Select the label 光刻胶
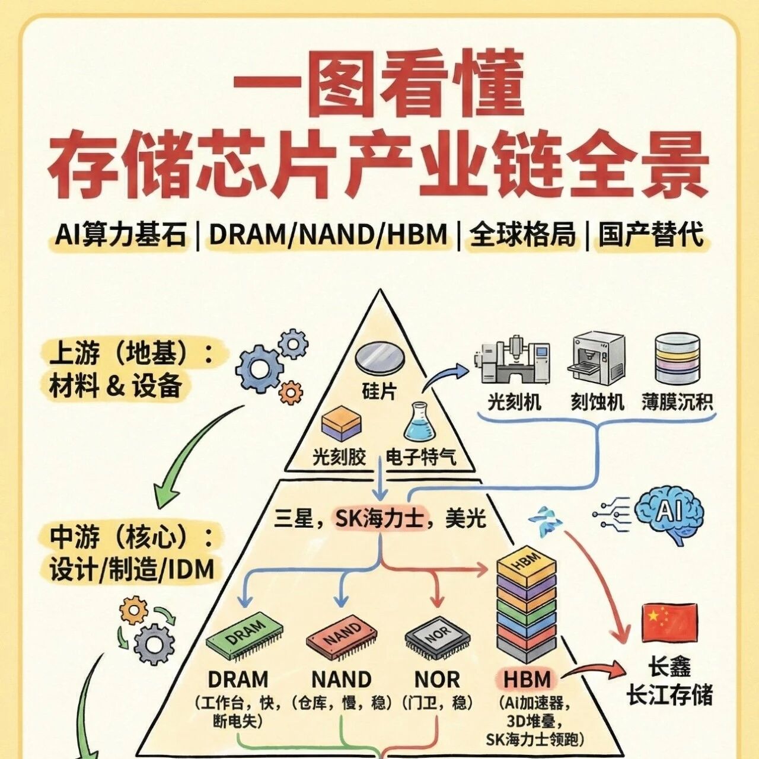339,457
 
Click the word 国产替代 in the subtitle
651,235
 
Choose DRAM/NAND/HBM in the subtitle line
328,235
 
